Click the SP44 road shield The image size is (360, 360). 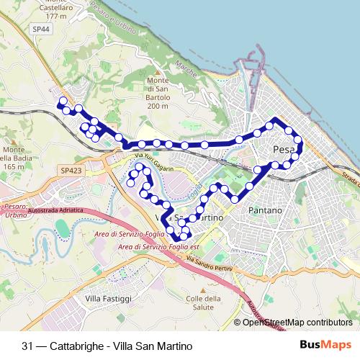coord(41,28)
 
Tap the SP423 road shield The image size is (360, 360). coord(71,170)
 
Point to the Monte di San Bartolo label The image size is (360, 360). coord(157,93)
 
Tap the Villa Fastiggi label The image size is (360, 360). coord(108,298)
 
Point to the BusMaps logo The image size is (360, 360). coord(325,346)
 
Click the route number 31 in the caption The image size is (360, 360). coord(27,346)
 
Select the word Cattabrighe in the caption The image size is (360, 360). coord(76,346)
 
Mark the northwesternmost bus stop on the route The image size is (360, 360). coord(63,101)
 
